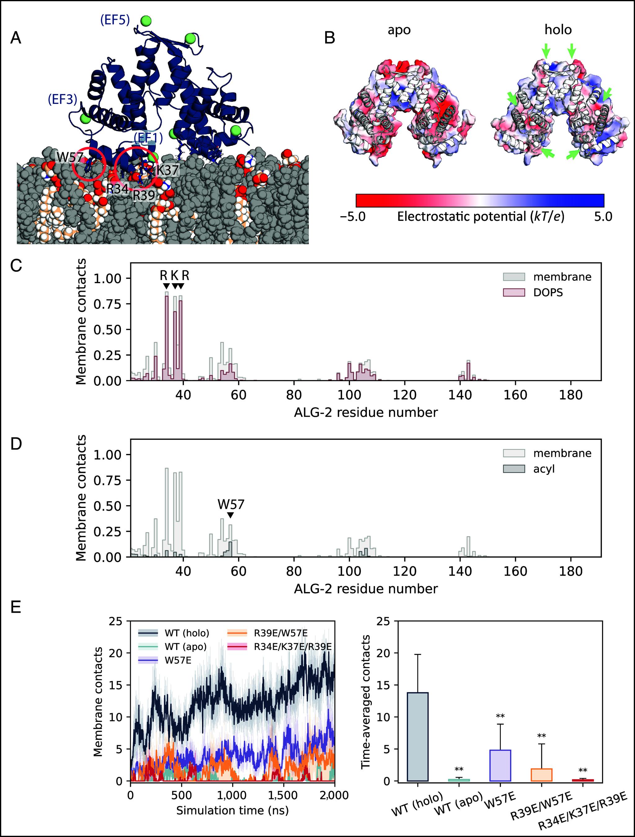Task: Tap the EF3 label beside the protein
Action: pos(62,99)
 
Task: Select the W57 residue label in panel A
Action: pos(70,157)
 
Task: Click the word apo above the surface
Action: pos(399,30)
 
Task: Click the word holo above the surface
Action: pos(558,29)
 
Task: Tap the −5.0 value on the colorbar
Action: pos(353,217)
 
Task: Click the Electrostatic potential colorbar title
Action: pos(480,217)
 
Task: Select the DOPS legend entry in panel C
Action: pos(548,292)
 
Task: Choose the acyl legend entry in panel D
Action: pos(544,469)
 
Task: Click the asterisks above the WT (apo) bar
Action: pos(459,770)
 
